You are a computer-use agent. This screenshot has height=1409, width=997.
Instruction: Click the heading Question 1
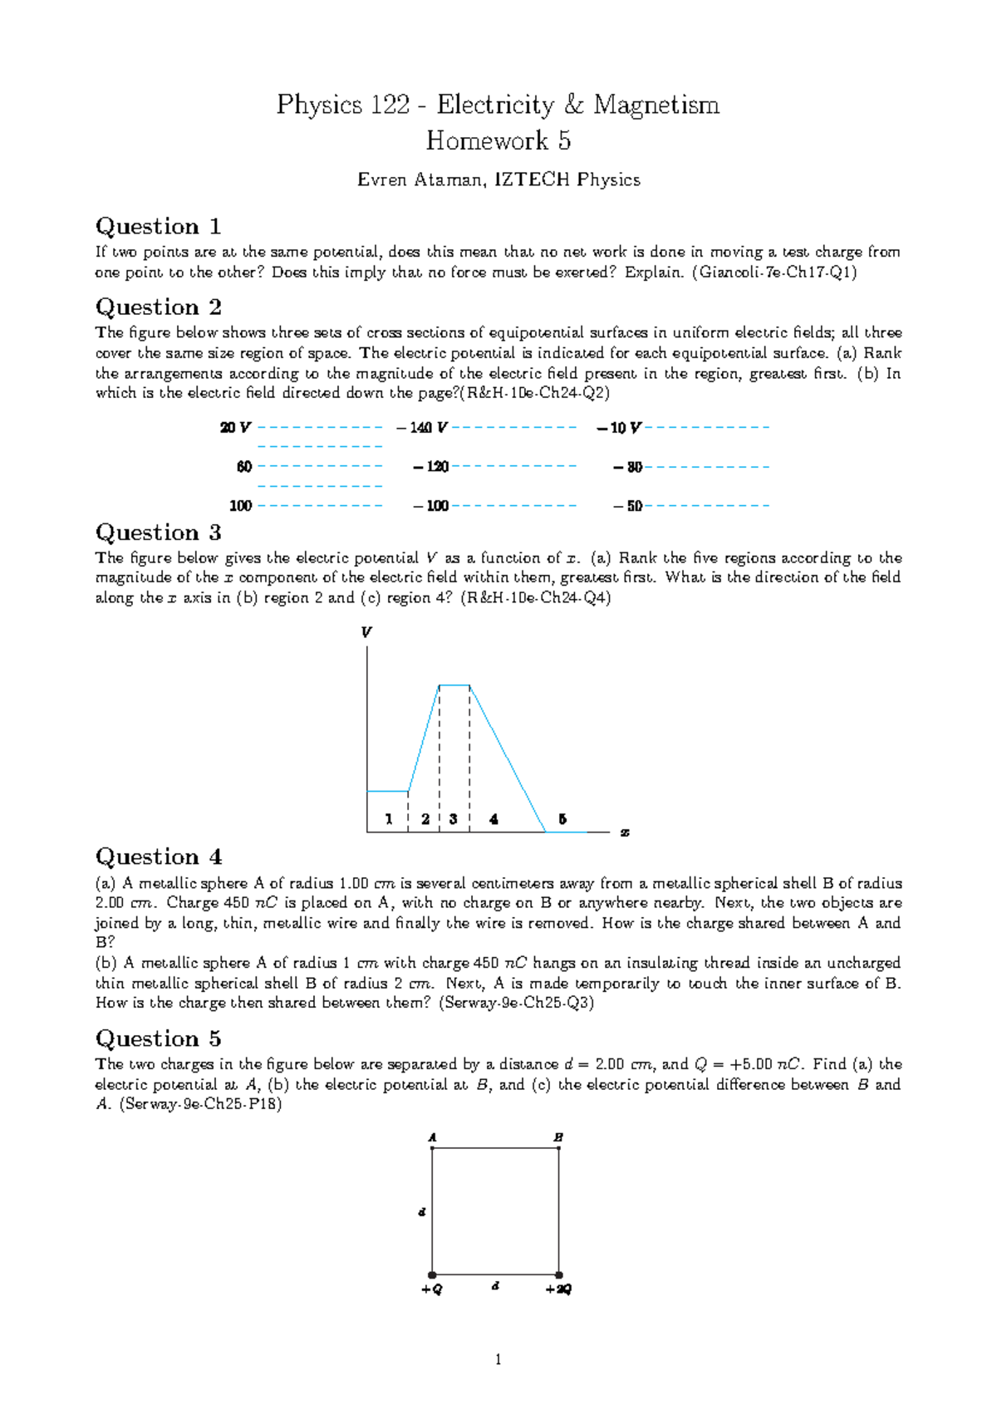pyautogui.click(x=158, y=227)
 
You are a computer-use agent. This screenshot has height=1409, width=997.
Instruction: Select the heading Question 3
pyautogui.click(x=158, y=533)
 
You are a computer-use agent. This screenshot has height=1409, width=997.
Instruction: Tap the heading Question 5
pyautogui.click(x=158, y=1038)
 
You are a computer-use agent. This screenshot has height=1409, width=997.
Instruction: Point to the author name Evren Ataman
pyautogui.click(x=421, y=179)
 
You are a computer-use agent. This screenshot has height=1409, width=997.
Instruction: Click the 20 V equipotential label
pyautogui.click(x=235, y=428)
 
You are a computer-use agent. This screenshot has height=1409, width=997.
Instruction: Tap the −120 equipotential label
pyautogui.click(x=431, y=467)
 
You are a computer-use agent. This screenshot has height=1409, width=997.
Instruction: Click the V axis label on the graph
pyautogui.click(x=366, y=632)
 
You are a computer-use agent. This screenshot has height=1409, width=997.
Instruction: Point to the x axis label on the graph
pyautogui.click(x=625, y=832)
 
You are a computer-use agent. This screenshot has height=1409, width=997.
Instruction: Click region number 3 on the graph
pyautogui.click(x=453, y=819)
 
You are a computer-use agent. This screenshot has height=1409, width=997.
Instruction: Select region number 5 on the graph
pyautogui.click(x=562, y=819)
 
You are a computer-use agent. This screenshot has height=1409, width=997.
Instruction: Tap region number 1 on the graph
pyautogui.click(x=389, y=819)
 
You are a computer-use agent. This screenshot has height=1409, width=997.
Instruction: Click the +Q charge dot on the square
pyautogui.click(x=432, y=1274)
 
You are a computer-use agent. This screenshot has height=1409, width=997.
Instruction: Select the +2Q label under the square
pyautogui.click(x=558, y=1289)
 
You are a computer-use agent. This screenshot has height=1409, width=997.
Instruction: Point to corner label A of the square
pyautogui.click(x=432, y=1137)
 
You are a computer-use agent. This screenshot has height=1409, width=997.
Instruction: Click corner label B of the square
pyautogui.click(x=558, y=1137)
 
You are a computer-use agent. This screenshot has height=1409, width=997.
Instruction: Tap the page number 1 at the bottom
pyautogui.click(x=498, y=1360)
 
